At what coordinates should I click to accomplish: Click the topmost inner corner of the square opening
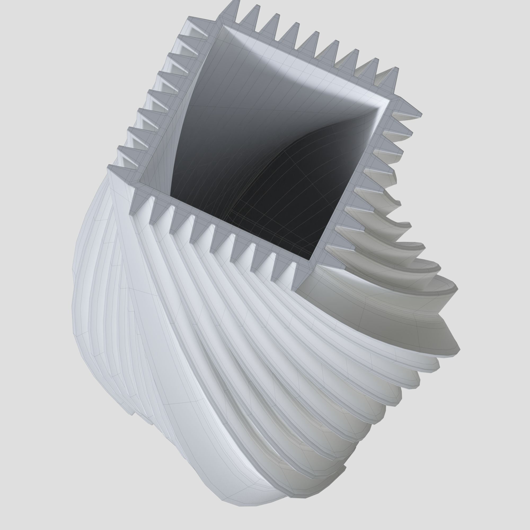pyautogui.click(x=223, y=25)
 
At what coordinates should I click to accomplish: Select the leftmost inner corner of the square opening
pyautogui.click(x=139, y=182)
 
